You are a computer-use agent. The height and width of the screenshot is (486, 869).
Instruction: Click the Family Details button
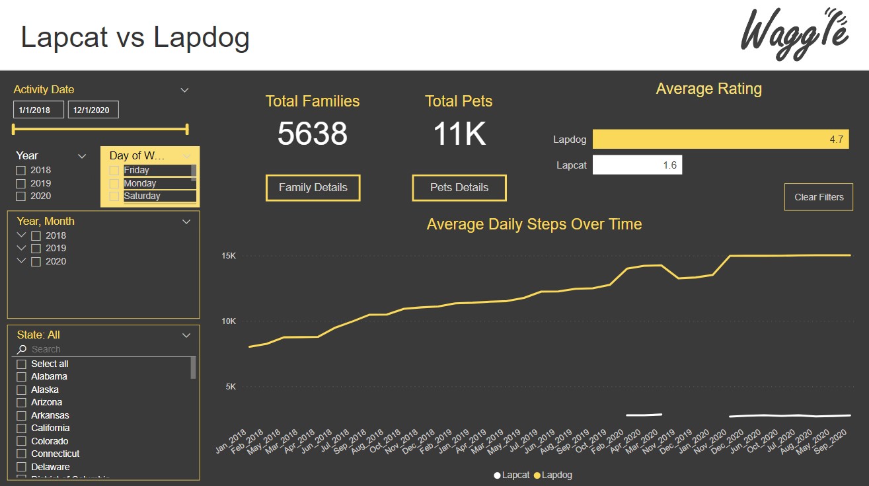click(313, 188)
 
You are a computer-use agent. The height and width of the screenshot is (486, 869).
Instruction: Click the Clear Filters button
click(818, 197)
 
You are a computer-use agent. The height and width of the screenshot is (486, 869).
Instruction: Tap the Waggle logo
click(794, 34)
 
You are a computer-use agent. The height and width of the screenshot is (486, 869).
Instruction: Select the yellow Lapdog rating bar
click(720, 140)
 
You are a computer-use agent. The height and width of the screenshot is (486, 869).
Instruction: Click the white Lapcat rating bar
click(637, 165)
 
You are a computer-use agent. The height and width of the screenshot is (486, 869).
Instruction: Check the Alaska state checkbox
click(22, 390)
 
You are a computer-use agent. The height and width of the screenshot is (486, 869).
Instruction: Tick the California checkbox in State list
click(22, 428)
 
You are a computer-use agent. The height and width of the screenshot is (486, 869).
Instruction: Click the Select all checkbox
click(22, 364)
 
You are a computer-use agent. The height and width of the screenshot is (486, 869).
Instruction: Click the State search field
click(106, 349)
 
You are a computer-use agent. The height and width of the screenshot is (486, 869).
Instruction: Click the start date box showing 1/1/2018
click(38, 110)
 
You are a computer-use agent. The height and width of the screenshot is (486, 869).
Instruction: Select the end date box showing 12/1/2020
click(93, 110)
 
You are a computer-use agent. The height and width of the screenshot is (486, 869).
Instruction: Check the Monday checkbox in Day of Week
click(114, 183)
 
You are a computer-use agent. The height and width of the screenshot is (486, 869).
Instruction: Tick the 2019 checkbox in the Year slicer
click(21, 183)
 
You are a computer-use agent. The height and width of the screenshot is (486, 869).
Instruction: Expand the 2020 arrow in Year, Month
click(22, 261)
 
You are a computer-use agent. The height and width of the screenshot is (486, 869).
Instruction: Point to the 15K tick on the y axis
click(229, 256)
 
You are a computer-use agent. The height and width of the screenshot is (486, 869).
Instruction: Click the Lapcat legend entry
click(511, 475)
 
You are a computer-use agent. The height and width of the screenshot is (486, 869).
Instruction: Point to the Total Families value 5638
click(312, 134)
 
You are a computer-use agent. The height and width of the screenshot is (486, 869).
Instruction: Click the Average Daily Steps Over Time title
click(534, 224)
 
